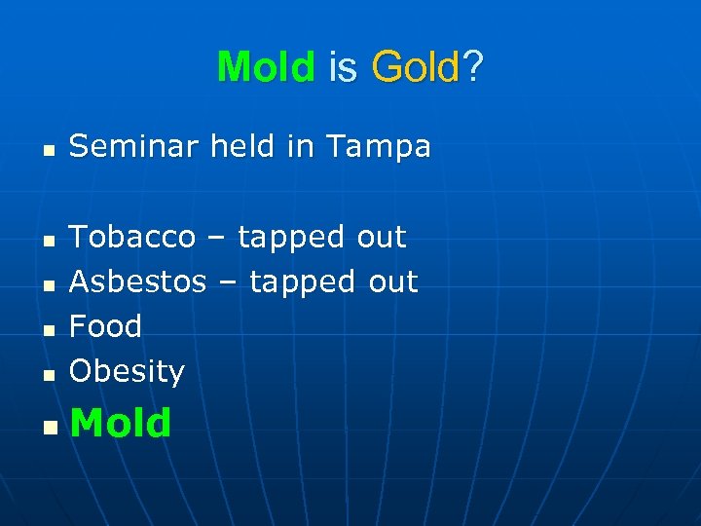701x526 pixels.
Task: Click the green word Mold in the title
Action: coord(266,67)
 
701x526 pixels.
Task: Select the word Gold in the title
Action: coord(415,67)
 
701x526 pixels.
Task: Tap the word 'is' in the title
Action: coord(344,67)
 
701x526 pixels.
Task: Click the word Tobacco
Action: coord(132,237)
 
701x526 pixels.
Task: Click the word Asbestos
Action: coord(138,282)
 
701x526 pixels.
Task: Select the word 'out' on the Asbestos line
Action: coord(392,282)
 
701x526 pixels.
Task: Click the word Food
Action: coord(105,326)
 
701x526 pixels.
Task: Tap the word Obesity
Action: coord(127,372)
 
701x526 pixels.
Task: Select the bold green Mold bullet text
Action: coord(121,423)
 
